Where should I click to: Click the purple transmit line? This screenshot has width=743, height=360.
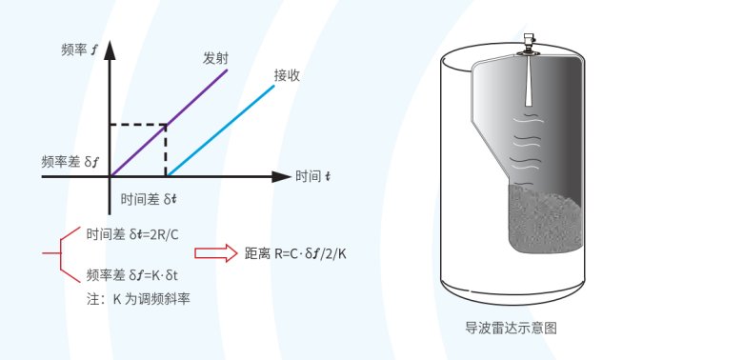[x=169, y=123]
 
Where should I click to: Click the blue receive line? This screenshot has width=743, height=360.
[x=220, y=130]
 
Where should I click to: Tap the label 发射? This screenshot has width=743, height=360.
[x=215, y=59]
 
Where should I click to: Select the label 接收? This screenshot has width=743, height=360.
[x=287, y=75]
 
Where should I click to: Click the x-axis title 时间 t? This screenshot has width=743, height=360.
[x=313, y=177]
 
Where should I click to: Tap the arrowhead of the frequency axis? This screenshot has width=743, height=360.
[x=110, y=50]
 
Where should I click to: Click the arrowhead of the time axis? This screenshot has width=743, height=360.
[x=281, y=177]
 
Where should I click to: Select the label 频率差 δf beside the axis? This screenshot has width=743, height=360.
[x=70, y=163]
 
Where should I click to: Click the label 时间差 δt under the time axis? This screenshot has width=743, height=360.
[x=150, y=199]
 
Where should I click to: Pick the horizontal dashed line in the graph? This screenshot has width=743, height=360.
[x=138, y=125]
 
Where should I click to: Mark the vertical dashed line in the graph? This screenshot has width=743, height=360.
[x=166, y=150]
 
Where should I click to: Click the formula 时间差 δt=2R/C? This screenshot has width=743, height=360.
[x=132, y=234]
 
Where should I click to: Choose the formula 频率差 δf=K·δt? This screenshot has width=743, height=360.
[x=132, y=274]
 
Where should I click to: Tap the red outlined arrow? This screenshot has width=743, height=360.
[x=216, y=253]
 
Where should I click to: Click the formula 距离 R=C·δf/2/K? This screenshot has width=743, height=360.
[x=295, y=254]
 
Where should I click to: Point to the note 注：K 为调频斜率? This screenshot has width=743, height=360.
[x=138, y=299]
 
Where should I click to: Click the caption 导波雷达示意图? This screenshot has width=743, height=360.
[x=512, y=328]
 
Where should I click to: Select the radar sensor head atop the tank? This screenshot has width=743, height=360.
[x=528, y=44]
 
